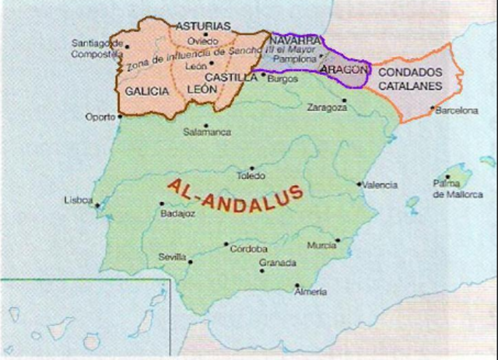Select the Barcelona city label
pyautogui.click(x=457, y=111)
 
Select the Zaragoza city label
pyautogui.click(x=327, y=107)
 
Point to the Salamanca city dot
pyautogui.click(x=205, y=124)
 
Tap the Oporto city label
pyautogui.click(x=100, y=117)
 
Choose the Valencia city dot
pyautogui.click(x=359, y=184)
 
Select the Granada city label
pyautogui.click(x=277, y=263)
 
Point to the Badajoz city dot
pyautogui.click(x=162, y=203)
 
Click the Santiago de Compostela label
pyautogui.click(x=97, y=48)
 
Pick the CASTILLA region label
pyautogui.click(x=231, y=78)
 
